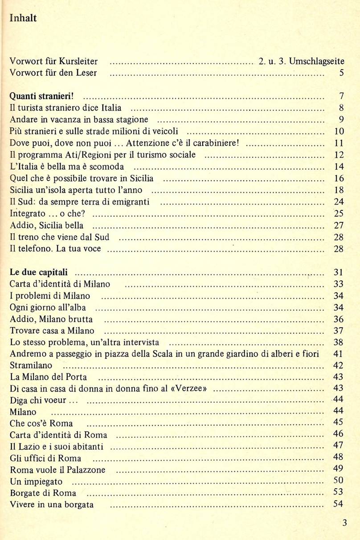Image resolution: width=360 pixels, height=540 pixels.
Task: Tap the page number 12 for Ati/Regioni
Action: (x=339, y=155)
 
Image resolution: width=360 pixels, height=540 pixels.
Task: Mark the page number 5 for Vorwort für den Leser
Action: (x=341, y=73)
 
